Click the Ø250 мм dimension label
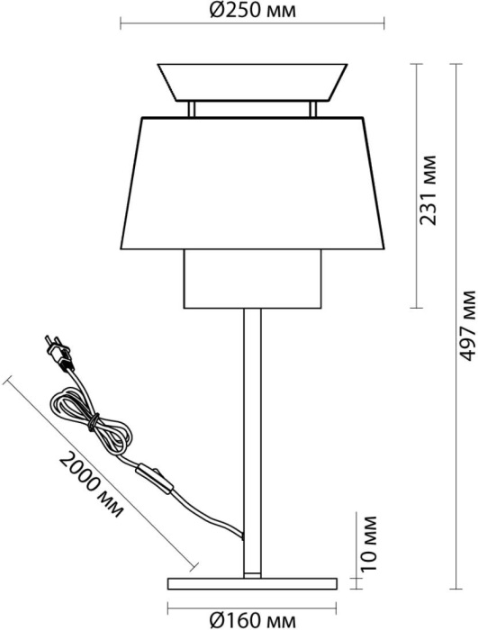coord(253,10)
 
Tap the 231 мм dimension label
coord(428,191)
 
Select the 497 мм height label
coord(467,325)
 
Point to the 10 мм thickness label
coord(368,544)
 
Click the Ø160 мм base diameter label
coord(253,620)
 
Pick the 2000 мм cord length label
coord(91,484)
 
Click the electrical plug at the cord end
coord(59,353)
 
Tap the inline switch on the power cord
coord(155,479)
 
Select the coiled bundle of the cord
coord(90,421)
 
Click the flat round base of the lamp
coord(252,584)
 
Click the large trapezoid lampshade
coord(252,184)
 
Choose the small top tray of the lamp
coord(252,82)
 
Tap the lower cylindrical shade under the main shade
coord(252,279)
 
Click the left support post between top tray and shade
coord(192,109)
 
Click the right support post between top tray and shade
coord(312,109)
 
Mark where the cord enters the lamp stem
coord(242,535)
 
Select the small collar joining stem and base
coord(252,575)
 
